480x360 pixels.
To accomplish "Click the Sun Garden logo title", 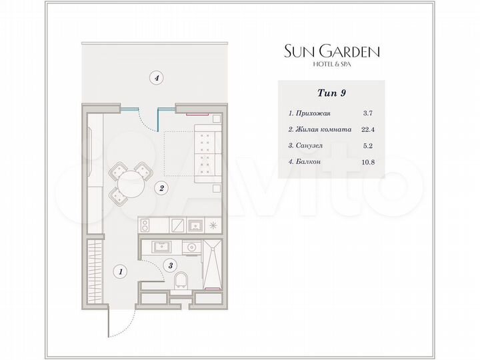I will click(332, 51).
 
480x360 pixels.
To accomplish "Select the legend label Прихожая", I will click(311, 113).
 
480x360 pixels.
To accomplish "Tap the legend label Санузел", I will click(309, 145).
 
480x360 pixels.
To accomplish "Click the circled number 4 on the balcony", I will click(156, 78).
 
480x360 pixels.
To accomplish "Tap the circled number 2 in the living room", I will click(161, 189).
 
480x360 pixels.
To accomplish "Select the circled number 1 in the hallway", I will click(121, 271).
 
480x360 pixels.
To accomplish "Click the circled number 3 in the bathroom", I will click(171, 265).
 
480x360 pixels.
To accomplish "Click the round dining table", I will click(131, 182).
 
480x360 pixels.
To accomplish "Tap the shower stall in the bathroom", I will click(211, 265).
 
